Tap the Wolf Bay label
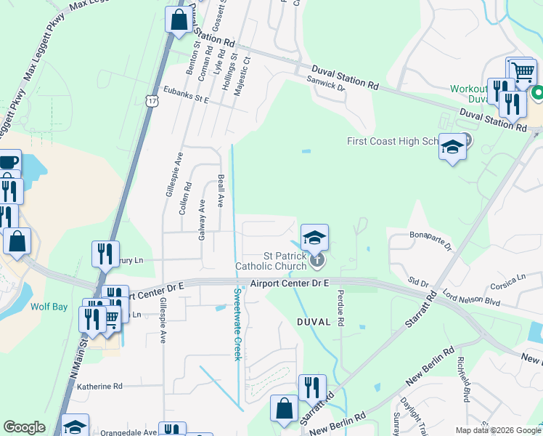pyautogui.click(x=49, y=307)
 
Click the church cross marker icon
pyautogui.click(x=316, y=259)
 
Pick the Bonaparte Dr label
pyautogui.click(x=430, y=239)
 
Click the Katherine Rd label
pyautogui.click(x=100, y=387)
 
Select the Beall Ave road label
pyautogui.click(x=221, y=190)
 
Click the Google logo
pyautogui.click(x=24, y=427)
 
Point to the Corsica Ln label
pyautogui.click(x=507, y=278)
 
